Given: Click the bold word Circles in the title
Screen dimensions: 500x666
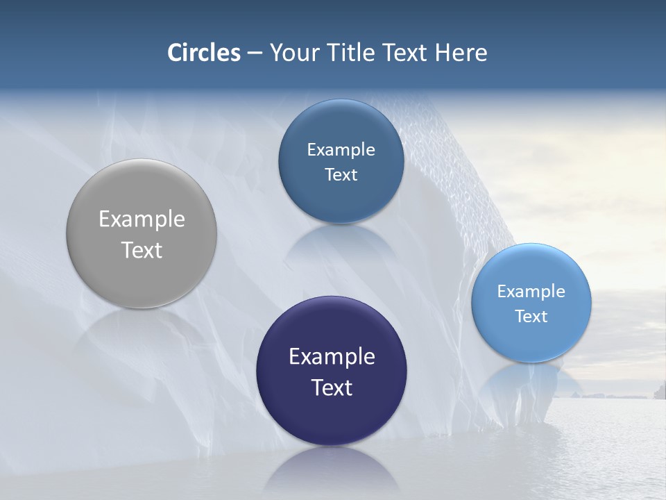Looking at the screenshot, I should tap(203, 53).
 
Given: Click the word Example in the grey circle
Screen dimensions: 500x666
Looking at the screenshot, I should tap(142, 219).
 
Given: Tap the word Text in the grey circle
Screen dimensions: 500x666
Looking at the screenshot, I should tap(142, 250).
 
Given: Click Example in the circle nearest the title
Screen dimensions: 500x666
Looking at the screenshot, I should tap(341, 150).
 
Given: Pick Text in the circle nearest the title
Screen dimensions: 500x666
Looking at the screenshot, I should tap(341, 175).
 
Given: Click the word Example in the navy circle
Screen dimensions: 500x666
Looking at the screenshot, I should tap(332, 357).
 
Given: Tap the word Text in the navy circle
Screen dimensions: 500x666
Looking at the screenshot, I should tap(332, 387).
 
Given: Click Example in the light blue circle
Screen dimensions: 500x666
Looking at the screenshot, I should tap(531, 292).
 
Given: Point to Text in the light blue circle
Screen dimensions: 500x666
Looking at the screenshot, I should tap(531, 317).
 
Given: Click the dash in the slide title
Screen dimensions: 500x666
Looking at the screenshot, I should tap(255, 53).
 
